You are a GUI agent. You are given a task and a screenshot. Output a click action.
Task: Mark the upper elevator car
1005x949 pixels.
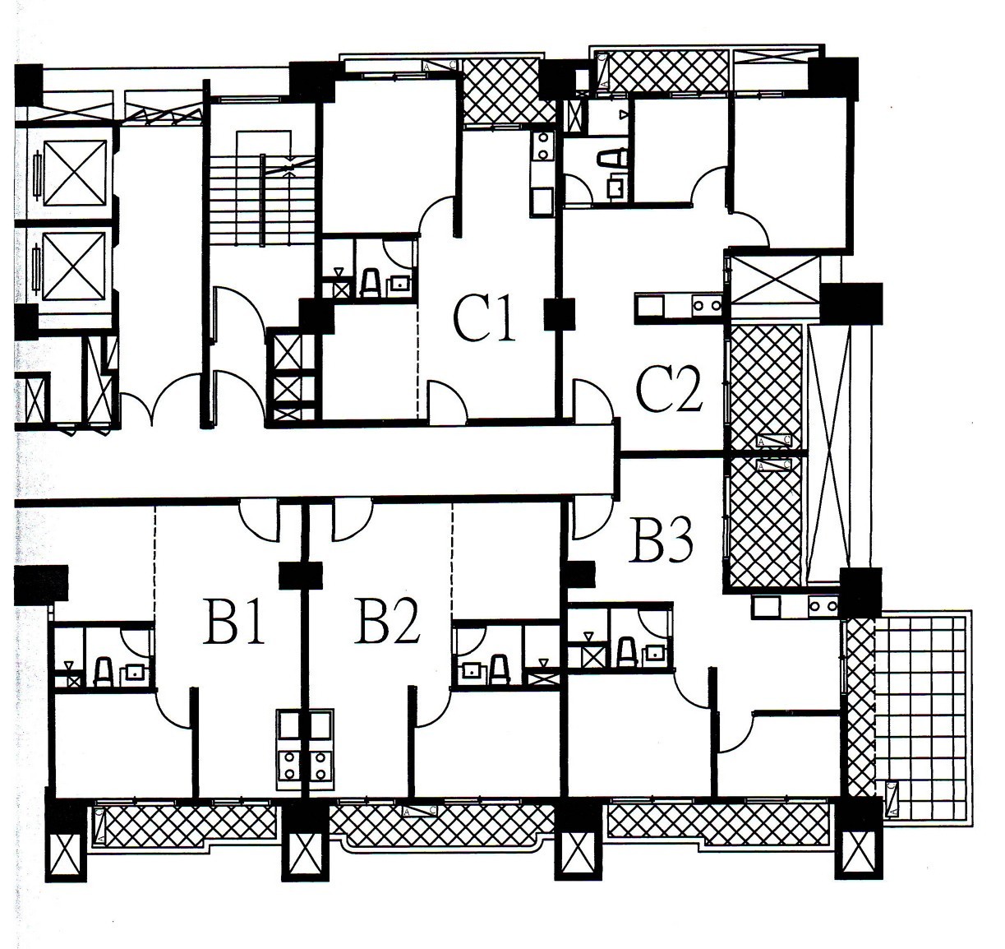(x=75, y=174)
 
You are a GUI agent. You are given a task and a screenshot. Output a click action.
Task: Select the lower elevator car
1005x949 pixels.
(x=75, y=265)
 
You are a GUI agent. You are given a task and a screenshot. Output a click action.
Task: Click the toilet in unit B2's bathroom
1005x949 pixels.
(x=499, y=669)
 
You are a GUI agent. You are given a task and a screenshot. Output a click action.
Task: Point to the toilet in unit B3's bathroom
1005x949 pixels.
(x=626, y=651)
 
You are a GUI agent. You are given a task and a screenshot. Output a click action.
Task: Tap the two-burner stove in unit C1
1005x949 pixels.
(x=542, y=146)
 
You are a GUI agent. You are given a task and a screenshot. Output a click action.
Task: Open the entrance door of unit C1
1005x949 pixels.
(x=448, y=403)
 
